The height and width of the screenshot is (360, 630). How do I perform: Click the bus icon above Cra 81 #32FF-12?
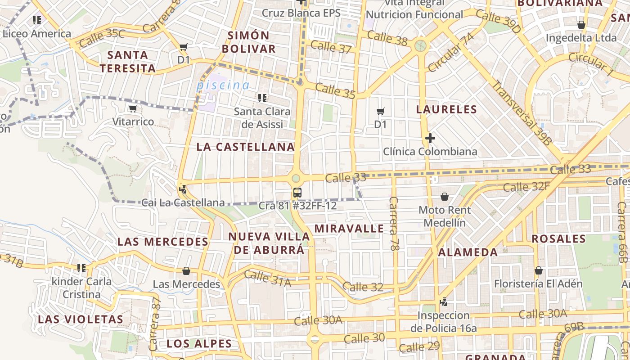coord(297,193)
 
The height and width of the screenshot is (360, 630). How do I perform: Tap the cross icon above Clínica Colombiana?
coord(430,138)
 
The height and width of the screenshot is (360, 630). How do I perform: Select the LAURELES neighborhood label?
coord(446,109)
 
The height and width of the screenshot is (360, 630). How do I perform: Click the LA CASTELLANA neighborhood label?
coord(246,147)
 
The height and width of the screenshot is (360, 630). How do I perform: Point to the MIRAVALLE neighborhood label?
coord(349,229)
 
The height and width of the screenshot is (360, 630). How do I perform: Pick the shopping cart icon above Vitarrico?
coord(133,109)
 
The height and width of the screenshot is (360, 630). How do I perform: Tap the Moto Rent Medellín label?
coord(445,216)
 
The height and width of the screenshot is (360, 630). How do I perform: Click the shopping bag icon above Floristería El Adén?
coord(538,270)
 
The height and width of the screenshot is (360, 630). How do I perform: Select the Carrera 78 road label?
coord(394,224)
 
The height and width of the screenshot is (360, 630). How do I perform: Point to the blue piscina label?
coord(223,85)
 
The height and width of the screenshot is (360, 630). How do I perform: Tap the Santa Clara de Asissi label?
coord(262,118)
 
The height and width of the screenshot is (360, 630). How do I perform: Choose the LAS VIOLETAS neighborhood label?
coord(81,319)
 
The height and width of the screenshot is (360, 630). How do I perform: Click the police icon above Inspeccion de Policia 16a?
coord(443,302)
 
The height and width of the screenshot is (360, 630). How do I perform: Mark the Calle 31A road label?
coord(267,279)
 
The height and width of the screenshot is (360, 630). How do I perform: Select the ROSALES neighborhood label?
coord(558,239)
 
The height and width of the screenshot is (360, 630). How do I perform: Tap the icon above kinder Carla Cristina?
coord(81,268)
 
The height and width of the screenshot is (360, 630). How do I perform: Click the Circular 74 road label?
coord(451,52)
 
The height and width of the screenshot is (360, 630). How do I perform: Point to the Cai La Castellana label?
coord(183,203)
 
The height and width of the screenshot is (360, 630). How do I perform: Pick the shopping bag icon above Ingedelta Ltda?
coord(581,25)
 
